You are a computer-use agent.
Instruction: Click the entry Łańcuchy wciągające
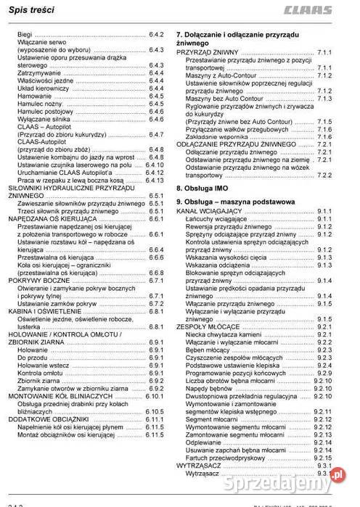click(216, 218)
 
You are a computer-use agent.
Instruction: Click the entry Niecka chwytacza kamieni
click(224, 334)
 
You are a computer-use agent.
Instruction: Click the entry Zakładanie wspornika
click(218, 136)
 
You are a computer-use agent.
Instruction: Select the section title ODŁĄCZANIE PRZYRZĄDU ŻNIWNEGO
click(237, 144)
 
